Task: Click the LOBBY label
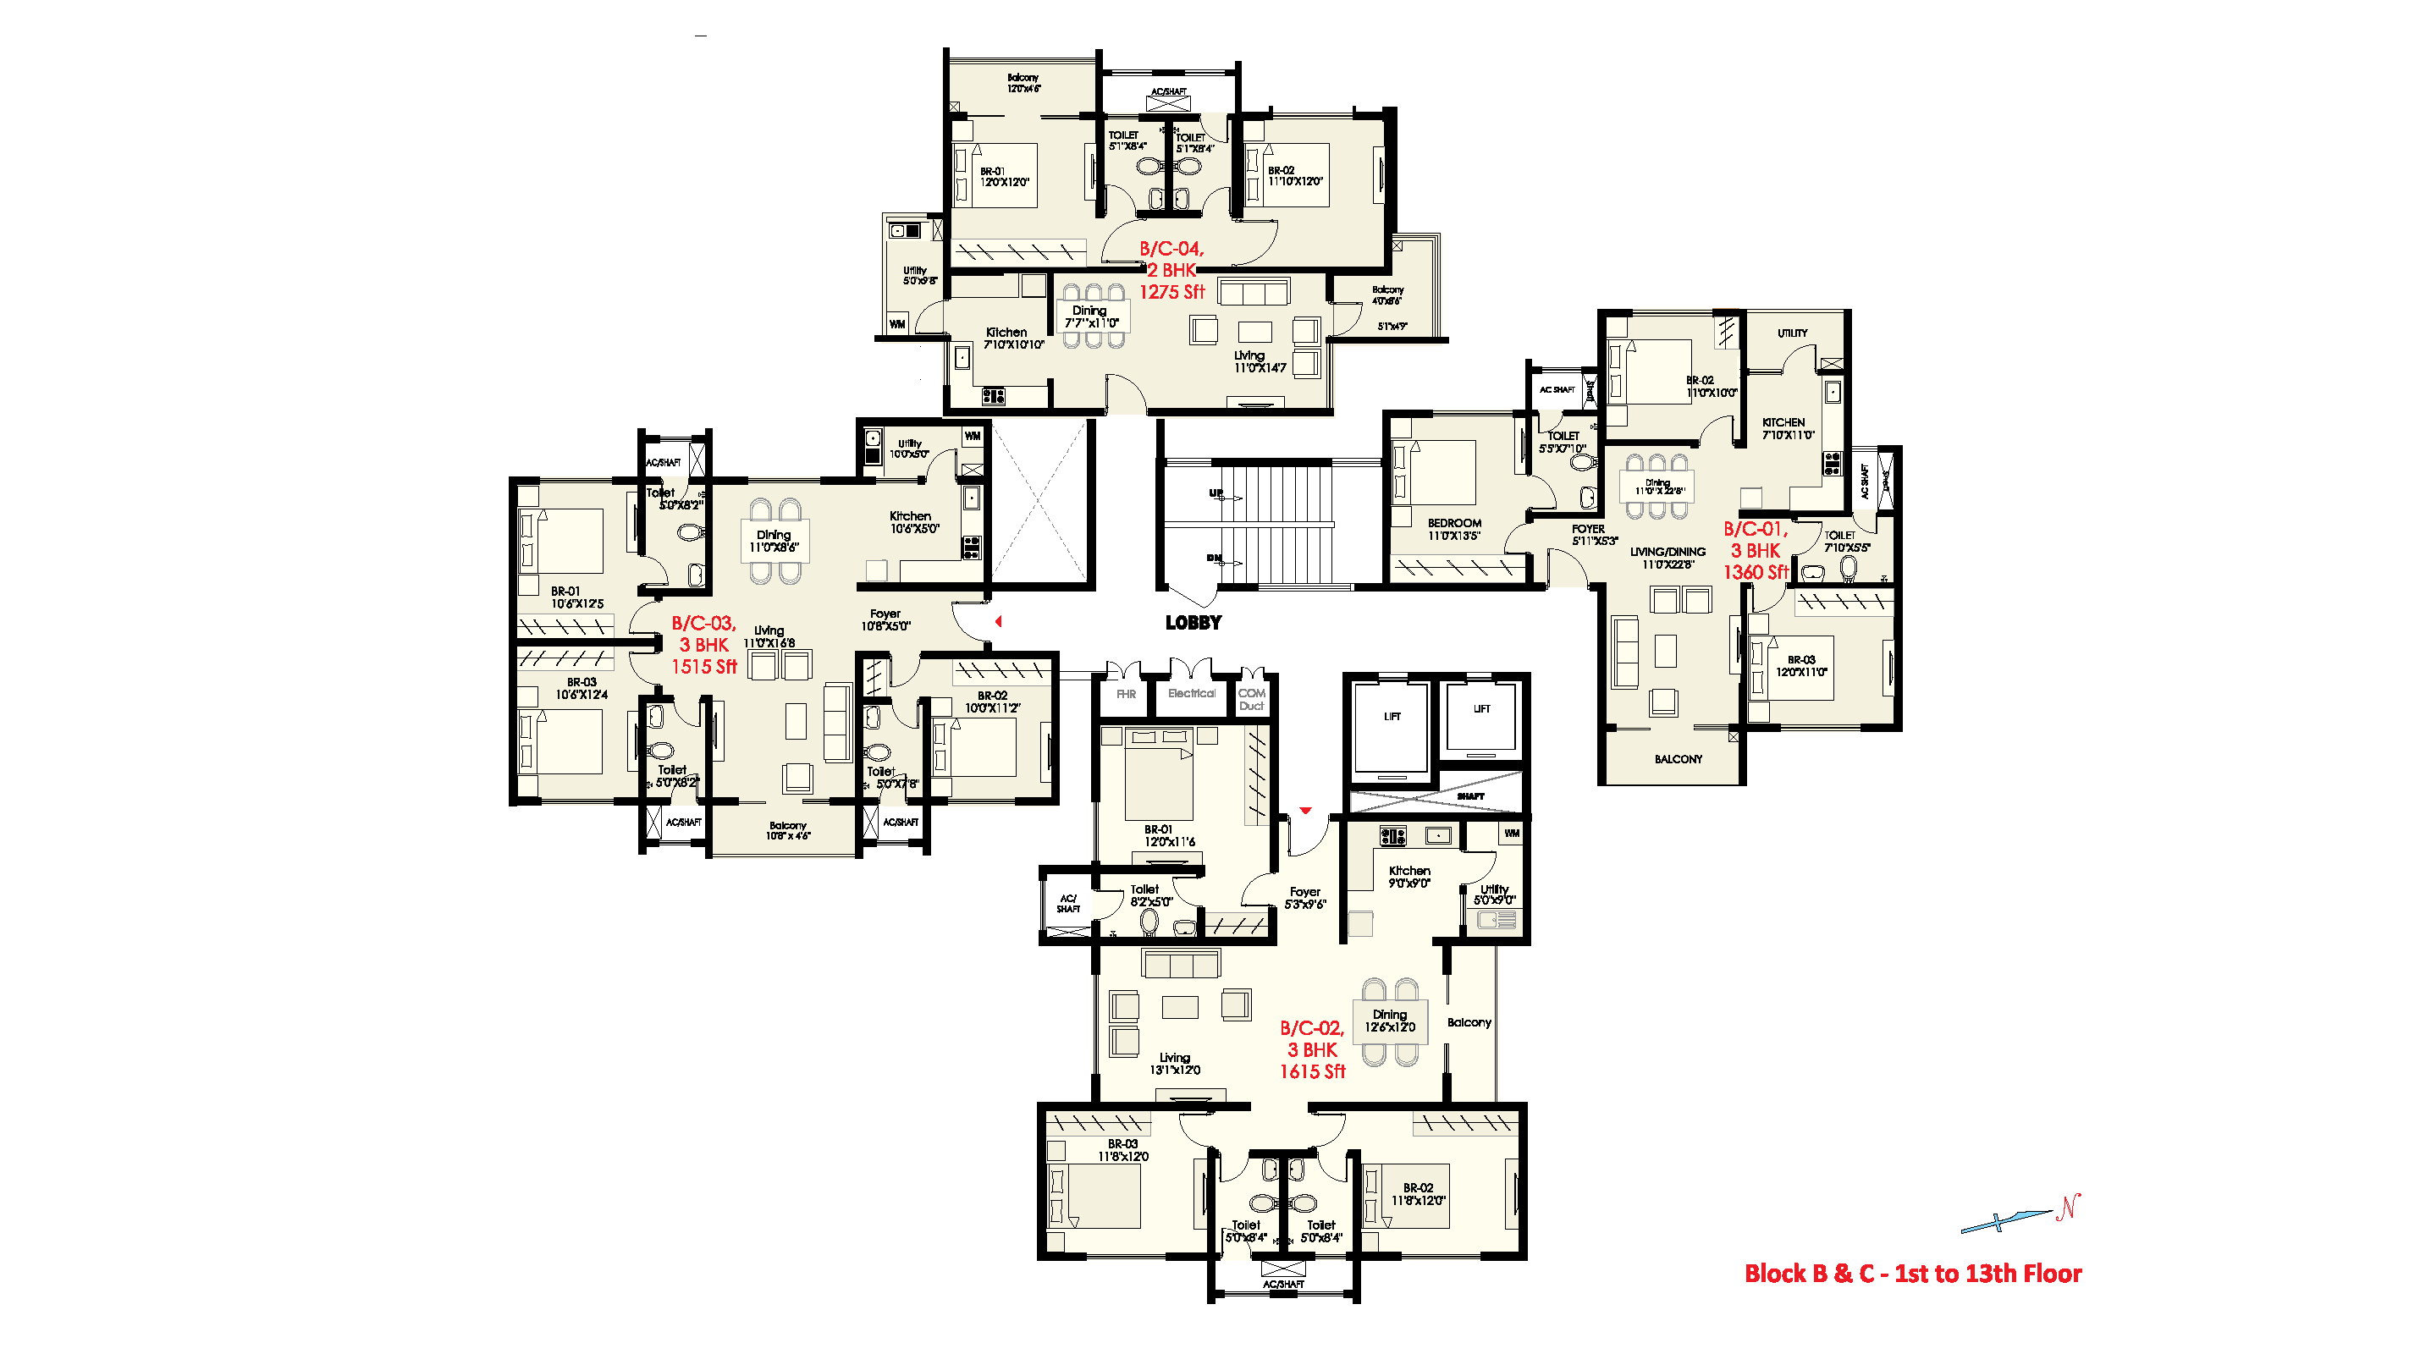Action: [x=1193, y=623]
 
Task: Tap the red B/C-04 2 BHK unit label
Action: [x=1171, y=270]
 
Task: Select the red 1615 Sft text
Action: [x=1312, y=1071]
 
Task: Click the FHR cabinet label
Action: [x=1126, y=695]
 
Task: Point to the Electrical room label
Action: [x=1192, y=694]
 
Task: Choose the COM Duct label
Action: [x=1251, y=700]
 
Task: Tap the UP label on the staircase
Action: [x=1215, y=493]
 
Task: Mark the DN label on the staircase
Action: [x=1213, y=559]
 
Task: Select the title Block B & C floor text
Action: [x=1912, y=1274]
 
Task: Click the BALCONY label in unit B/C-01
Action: [x=1678, y=759]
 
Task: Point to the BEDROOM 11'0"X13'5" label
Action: [x=1453, y=529]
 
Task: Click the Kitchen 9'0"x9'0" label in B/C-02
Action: [x=1408, y=876]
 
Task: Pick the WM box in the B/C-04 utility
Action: [x=897, y=324]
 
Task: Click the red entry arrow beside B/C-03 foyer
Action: [x=998, y=621]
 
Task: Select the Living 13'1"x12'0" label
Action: [x=1175, y=1063]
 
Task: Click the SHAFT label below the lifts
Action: [x=1470, y=796]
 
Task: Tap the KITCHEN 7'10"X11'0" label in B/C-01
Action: [x=1787, y=428]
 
